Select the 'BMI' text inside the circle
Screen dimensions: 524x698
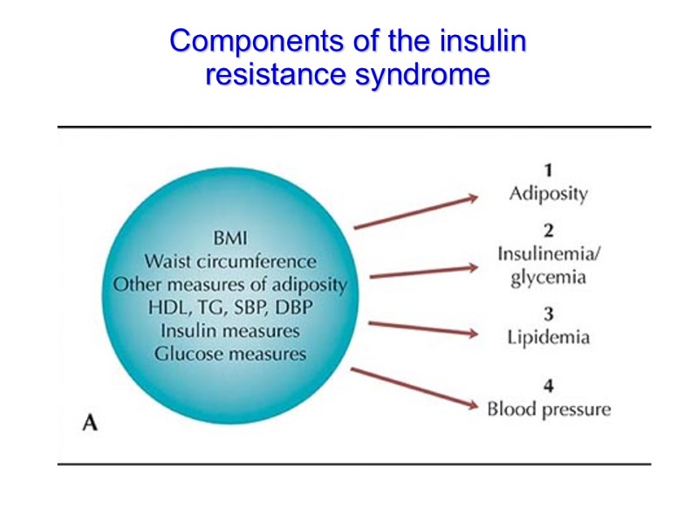click(x=229, y=238)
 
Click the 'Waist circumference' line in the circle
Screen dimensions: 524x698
click(x=229, y=261)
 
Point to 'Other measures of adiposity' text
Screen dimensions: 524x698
click(x=229, y=285)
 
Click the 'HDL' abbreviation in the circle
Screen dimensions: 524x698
click(x=167, y=308)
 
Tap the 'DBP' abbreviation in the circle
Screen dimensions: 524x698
click(x=293, y=308)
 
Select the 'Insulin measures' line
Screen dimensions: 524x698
click(x=229, y=331)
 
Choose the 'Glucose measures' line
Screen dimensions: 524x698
click(x=229, y=354)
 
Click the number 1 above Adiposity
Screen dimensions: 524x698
click(x=547, y=169)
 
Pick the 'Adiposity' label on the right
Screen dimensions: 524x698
click(x=548, y=193)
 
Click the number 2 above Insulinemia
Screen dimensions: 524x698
click(x=548, y=231)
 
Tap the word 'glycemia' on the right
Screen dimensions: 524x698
click(x=548, y=278)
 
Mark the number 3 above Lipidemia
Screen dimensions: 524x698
click(x=548, y=313)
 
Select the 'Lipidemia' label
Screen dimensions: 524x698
click(x=548, y=337)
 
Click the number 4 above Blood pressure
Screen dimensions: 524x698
click(x=548, y=384)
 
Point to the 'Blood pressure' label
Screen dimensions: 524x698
click(x=548, y=409)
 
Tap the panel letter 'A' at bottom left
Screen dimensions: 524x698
click(x=89, y=424)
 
